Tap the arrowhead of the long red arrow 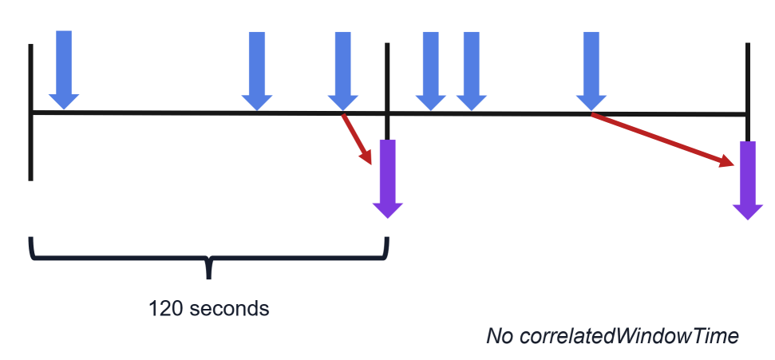pyautogui.click(x=726, y=161)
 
